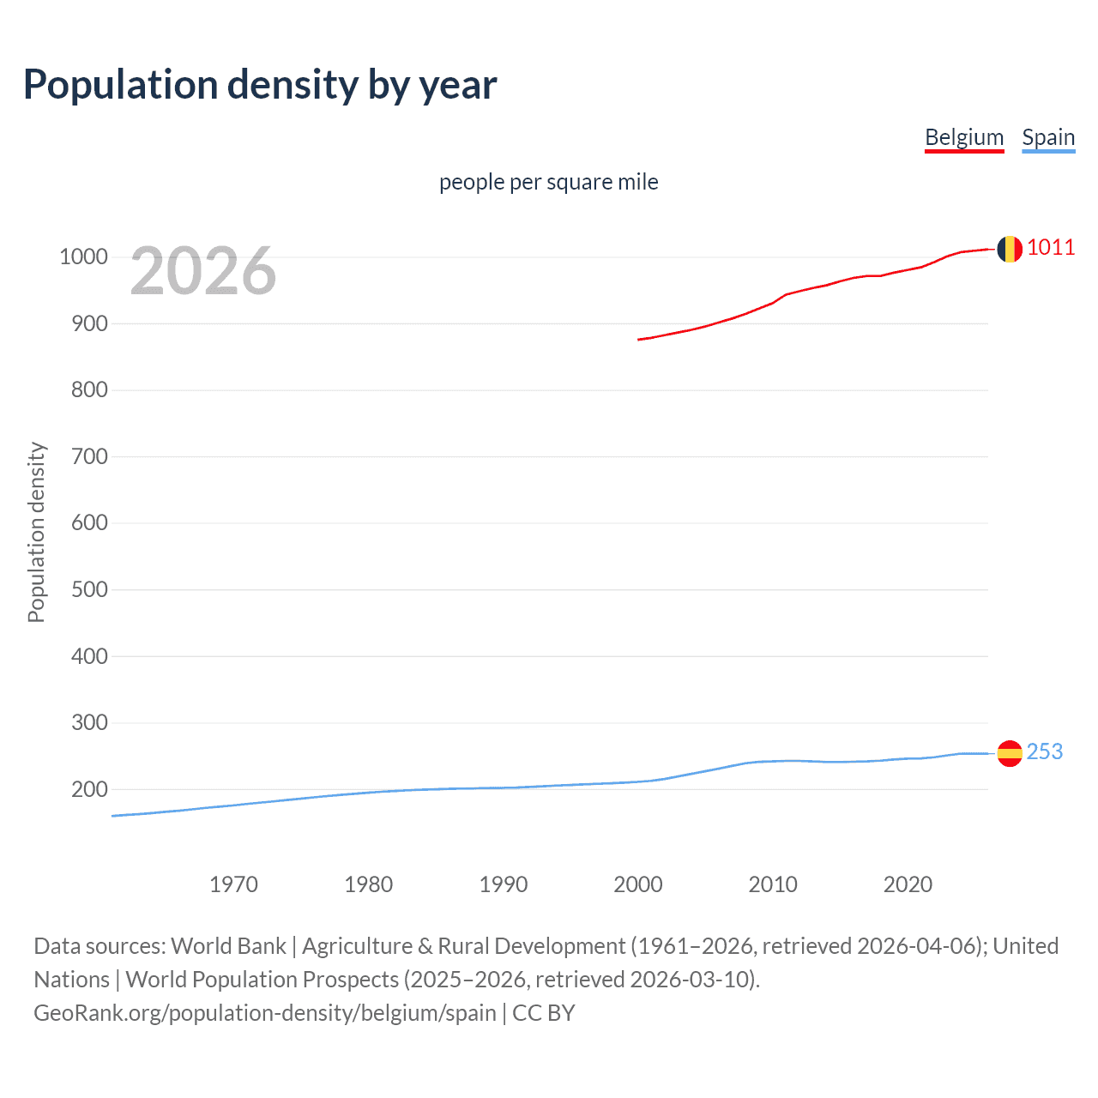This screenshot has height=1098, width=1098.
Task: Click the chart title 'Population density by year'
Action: point(260,85)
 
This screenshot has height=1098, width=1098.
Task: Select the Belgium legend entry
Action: point(963,137)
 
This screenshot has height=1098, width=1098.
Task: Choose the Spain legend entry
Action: point(1047,137)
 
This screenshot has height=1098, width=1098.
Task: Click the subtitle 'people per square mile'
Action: point(548,182)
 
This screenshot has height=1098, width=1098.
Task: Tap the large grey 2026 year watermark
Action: point(203,271)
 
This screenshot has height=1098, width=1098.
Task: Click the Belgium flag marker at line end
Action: point(1009,249)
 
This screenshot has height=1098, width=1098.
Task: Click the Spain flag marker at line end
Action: point(1009,753)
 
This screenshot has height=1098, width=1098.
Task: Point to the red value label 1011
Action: point(1050,248)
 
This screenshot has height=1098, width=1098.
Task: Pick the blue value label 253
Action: point(1044,751)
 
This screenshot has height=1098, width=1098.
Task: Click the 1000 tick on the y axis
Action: point(83,257)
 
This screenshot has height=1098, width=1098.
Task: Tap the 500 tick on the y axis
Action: point(89,590)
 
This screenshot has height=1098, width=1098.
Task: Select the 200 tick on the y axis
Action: point(89,789)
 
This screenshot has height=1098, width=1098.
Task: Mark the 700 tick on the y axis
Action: point(89,457)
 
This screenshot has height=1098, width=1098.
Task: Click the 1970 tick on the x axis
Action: point(233,884)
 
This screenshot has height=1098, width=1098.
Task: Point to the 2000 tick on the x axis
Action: point(637,884)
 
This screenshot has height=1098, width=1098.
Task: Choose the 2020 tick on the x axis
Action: point(908,884)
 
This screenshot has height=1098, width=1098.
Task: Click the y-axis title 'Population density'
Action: point(36,532)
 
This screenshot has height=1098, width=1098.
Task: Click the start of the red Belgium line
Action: point(639,340)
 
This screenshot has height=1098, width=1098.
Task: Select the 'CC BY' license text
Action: point(543,1013)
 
